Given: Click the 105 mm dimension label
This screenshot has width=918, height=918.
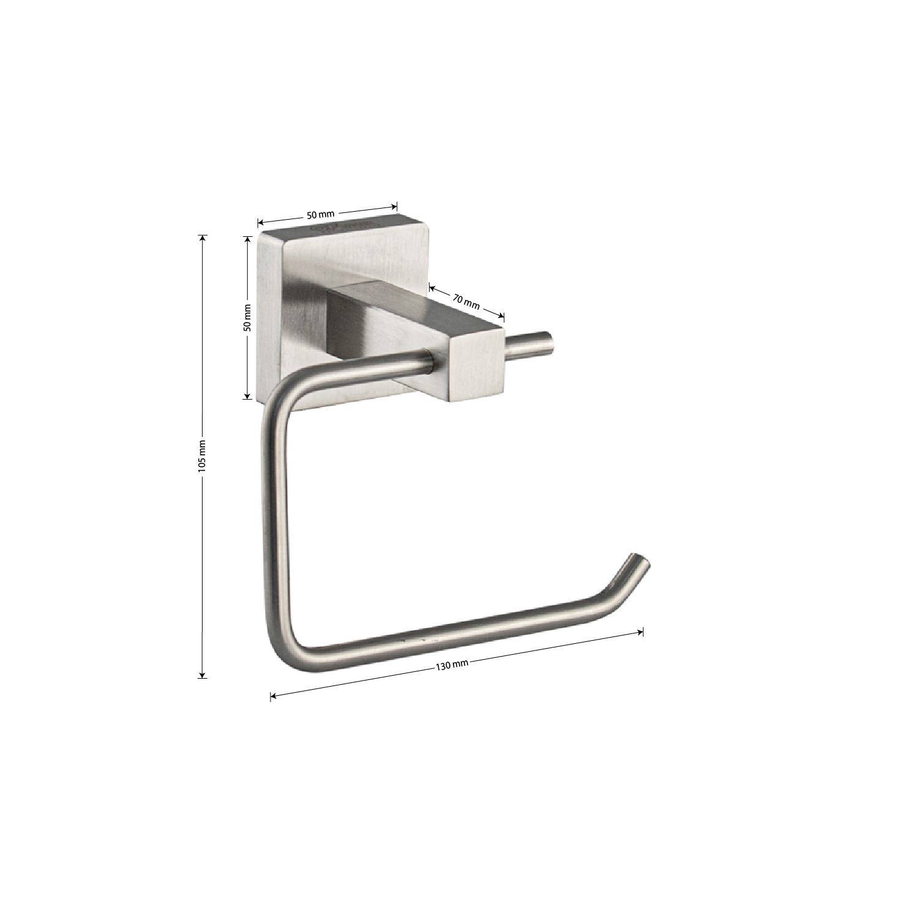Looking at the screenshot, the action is tap(203, 455).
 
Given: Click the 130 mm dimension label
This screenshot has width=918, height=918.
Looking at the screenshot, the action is tap(452, 665).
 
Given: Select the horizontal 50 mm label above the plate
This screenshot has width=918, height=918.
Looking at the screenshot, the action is tap(321, 214).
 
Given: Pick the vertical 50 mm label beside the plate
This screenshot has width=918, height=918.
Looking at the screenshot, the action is tap(247, 318).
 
